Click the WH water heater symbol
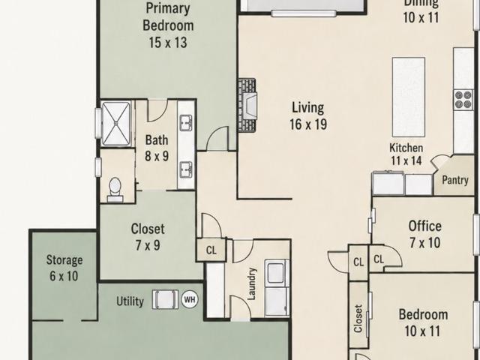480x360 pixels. [190, 299]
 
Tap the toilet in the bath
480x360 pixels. [115, 190]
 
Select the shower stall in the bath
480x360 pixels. [115, 123]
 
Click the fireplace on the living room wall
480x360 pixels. [247, 105]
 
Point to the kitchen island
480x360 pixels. [408, 97]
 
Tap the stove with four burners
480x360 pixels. [463, 100]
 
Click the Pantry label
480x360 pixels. [455, 180]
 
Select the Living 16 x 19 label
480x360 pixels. [308, 116]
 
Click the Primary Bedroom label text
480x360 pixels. [168, 16]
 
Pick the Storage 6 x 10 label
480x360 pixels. [64, 268]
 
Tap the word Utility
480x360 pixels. [130, 301]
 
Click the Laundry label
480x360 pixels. [251, 283]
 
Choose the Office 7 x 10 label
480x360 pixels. [425, 234]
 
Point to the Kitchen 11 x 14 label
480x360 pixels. [406, 154]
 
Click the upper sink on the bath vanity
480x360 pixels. [186, 123]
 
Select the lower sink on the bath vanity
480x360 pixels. [186, 169]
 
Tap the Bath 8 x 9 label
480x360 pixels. [157, 148]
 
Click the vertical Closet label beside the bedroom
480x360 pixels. [358, 318]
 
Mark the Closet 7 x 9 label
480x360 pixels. [148, 237]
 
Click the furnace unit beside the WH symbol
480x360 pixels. [165, 299]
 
